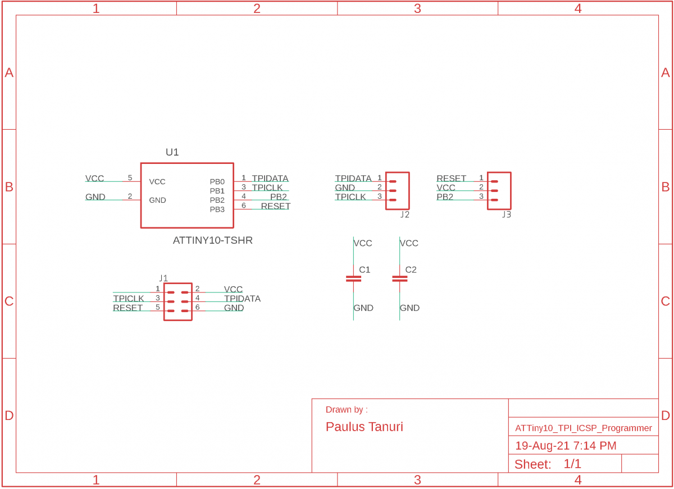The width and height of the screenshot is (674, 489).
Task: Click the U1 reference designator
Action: [x=172, y=152]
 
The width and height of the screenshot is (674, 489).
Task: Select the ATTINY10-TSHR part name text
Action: [x=212, y=240]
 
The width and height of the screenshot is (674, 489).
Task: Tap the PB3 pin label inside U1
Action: [x=217, y=209]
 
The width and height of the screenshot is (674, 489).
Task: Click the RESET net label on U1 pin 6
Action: [x=275, y=206]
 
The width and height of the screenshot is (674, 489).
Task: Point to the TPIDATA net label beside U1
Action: [x=270, y=179]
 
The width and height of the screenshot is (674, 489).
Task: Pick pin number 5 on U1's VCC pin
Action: [x=130, y=178]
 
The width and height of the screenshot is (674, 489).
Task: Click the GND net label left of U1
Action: [x=95, y=197]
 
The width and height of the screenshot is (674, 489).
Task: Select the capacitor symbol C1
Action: [x=353, y=278]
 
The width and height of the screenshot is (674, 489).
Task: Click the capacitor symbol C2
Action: [x=399, y=278]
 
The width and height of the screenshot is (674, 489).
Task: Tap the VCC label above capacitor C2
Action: [x=409, y=243]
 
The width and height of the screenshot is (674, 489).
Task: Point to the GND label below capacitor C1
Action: [x=363, y=308]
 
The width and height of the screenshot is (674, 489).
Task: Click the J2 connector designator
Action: [x=404, y=214]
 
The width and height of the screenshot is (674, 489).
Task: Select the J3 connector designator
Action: [x=506, y=214]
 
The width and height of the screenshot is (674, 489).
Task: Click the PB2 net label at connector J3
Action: [x=444, y=197]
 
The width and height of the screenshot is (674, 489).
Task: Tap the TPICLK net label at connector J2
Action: [x=350, y=197]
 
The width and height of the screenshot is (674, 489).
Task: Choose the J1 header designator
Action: [x=163, y=278]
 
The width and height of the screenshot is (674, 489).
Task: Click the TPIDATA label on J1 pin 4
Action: [x=242, y=299]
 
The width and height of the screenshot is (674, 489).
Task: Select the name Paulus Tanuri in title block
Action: [x=364, y=427]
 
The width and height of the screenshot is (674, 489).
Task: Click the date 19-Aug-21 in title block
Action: [x=542, y=446]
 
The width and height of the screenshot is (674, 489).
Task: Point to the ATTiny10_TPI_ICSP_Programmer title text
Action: [x=583, y=428]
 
